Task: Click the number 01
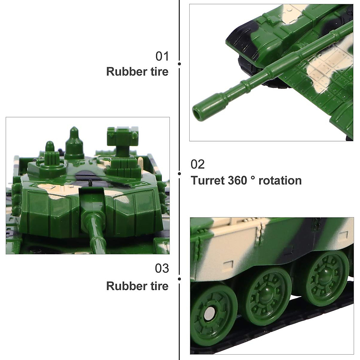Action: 162,56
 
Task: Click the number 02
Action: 198,164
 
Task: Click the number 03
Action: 162,268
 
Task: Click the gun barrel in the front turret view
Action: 95,231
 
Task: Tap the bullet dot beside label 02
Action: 179,173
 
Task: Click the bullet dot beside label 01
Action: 179,64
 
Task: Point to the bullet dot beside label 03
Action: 179,279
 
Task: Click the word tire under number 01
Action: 158,72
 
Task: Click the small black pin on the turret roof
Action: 89,182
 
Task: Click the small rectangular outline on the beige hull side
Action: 229,264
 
